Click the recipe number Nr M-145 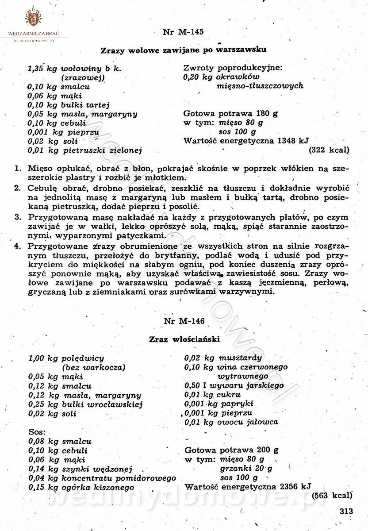pyautogui.click(x=184, y=32)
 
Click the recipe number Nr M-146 pyautogui.click(x=184, y=321)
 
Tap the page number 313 pyautogui.click(x=347, y=511)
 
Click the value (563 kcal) pyautogui.click(x=332, y=496)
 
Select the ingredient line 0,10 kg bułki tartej pyautogui.click(x=69, y=105)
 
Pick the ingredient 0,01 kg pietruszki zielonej pyautogui.click(x=84, y=150)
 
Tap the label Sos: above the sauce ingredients pyautogui.click(x=37, y=431)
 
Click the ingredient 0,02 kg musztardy pyautogui.click(x=223, y=358)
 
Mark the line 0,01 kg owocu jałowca pyautogui.click(x=231, y=422)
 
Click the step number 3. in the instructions pyautogui.click(x=18, y=217)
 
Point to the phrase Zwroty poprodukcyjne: pyautogui.click(x=233, y=68)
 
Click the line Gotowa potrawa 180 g pyautogui.click(x=230, y=114)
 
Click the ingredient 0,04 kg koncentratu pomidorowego pyautogui.click(x=102, y=478)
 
